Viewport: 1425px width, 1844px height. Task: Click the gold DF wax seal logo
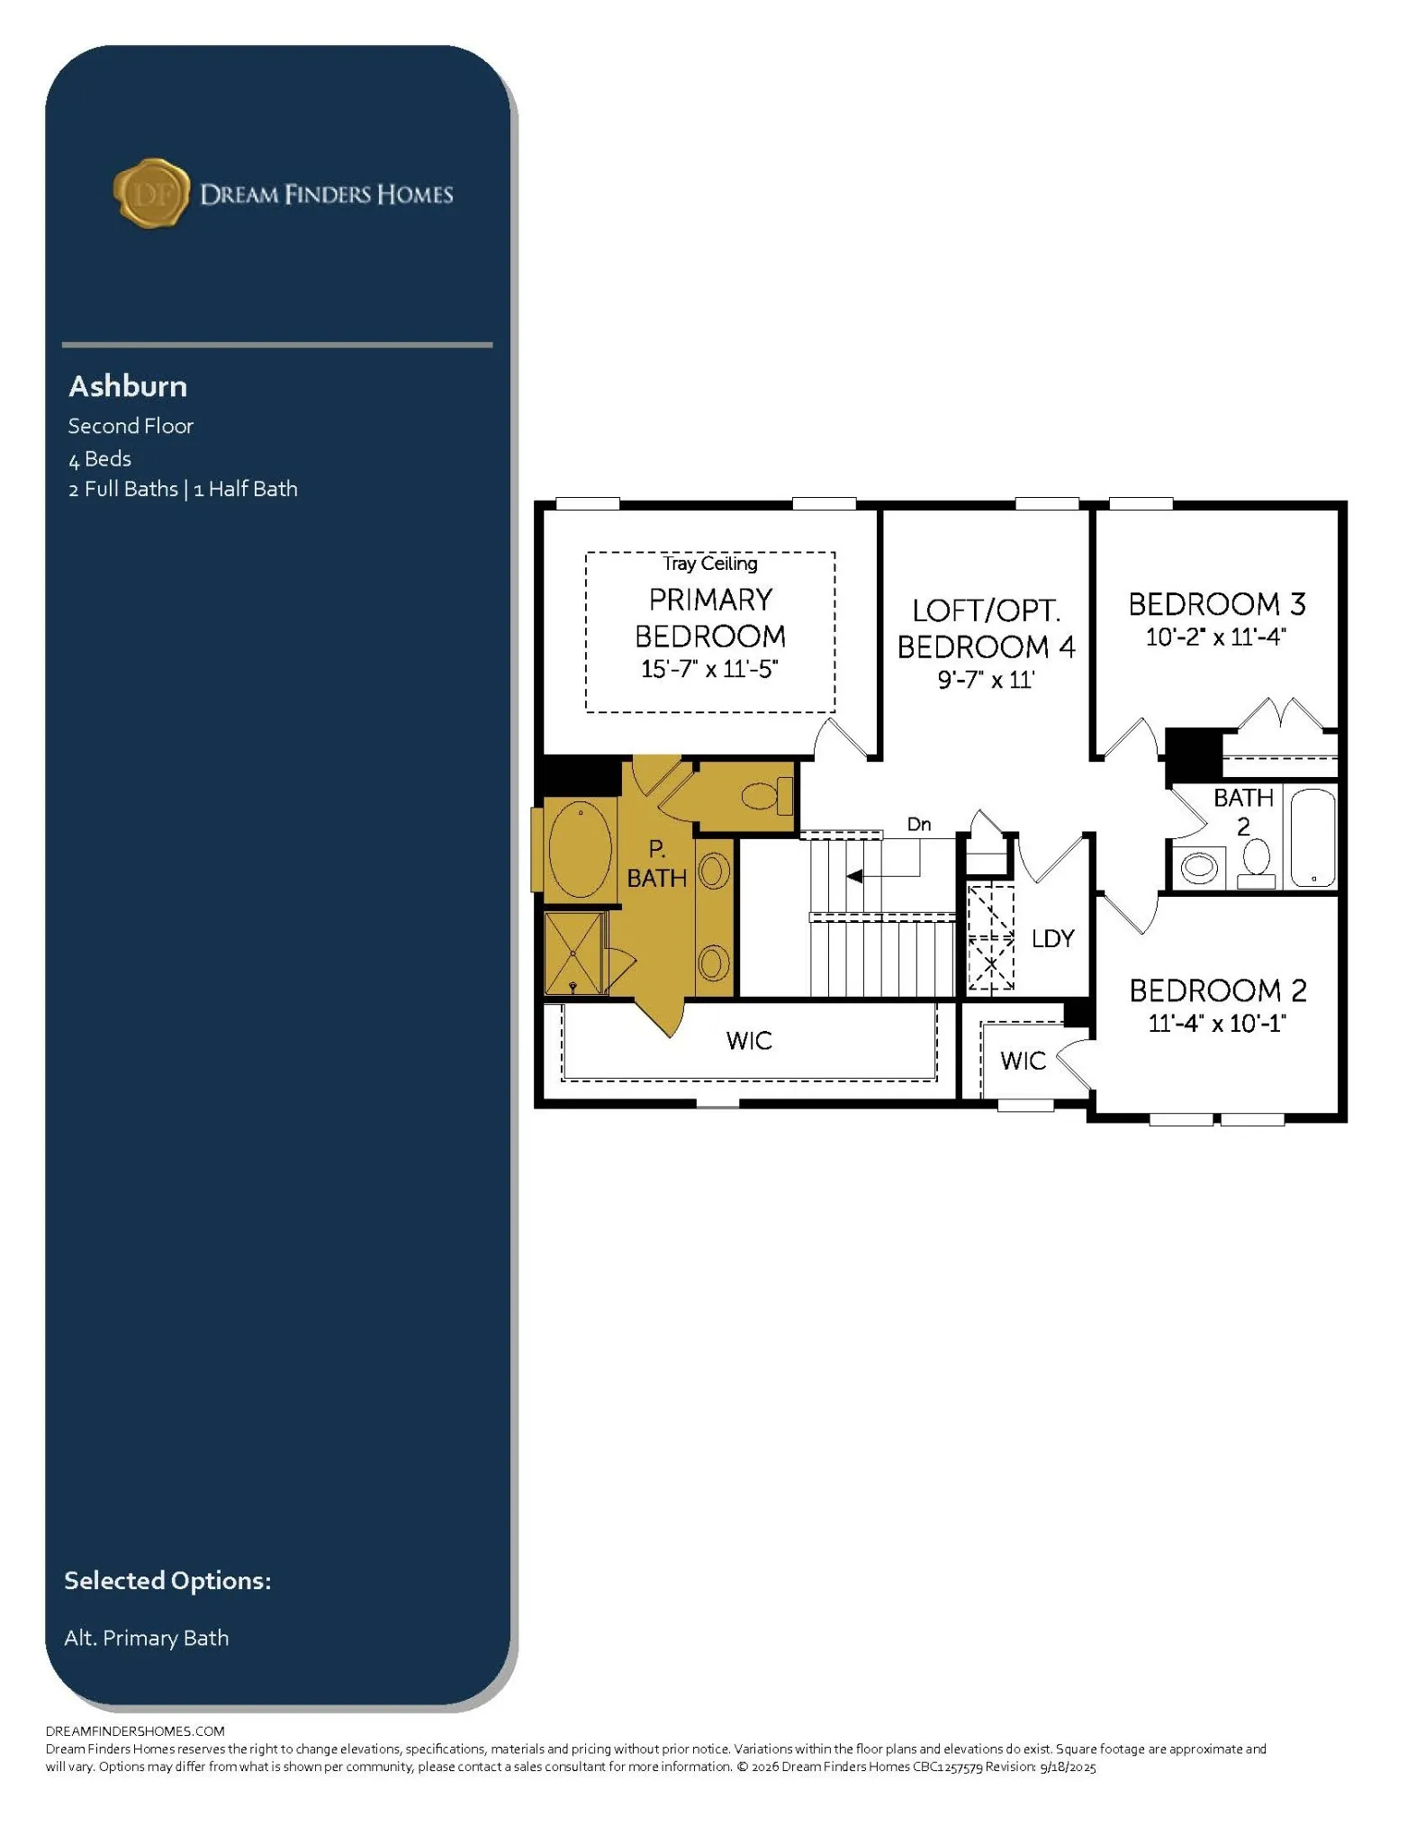[x=151, y=193]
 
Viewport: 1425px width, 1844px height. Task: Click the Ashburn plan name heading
[x=128, y=386]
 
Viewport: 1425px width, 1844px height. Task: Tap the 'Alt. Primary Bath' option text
[x=146, y=1638]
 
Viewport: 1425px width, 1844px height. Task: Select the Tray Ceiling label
[x=710, y=564]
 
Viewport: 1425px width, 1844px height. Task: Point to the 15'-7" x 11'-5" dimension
[x=709, y=669]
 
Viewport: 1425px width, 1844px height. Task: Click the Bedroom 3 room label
[x=1217, y=604]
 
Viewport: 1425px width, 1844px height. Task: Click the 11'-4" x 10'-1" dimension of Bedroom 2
[x=1217, y=1023]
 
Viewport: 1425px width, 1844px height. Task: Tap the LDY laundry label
[x=1053, y=938]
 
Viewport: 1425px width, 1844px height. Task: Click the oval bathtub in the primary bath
[x=581, y=849]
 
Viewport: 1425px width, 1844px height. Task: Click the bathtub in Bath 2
[x=1313, y=838]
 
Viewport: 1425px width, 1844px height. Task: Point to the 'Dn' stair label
[x=919, y=824]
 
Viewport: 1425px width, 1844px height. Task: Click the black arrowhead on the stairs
[x=854, y=876]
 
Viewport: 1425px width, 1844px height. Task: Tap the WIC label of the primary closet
[x=749, y=1041]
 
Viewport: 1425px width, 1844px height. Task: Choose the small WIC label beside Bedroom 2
[x=1024, y=1061]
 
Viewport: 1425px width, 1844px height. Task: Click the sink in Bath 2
[x=1199, y=868]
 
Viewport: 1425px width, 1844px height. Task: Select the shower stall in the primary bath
[x=574, y=953]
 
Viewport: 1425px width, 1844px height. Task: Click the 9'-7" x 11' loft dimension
[x=987, y=679]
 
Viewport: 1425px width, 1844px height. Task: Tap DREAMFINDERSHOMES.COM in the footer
[x=135, y=1731]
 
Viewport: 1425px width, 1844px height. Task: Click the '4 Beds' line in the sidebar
[x=100, y=458]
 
